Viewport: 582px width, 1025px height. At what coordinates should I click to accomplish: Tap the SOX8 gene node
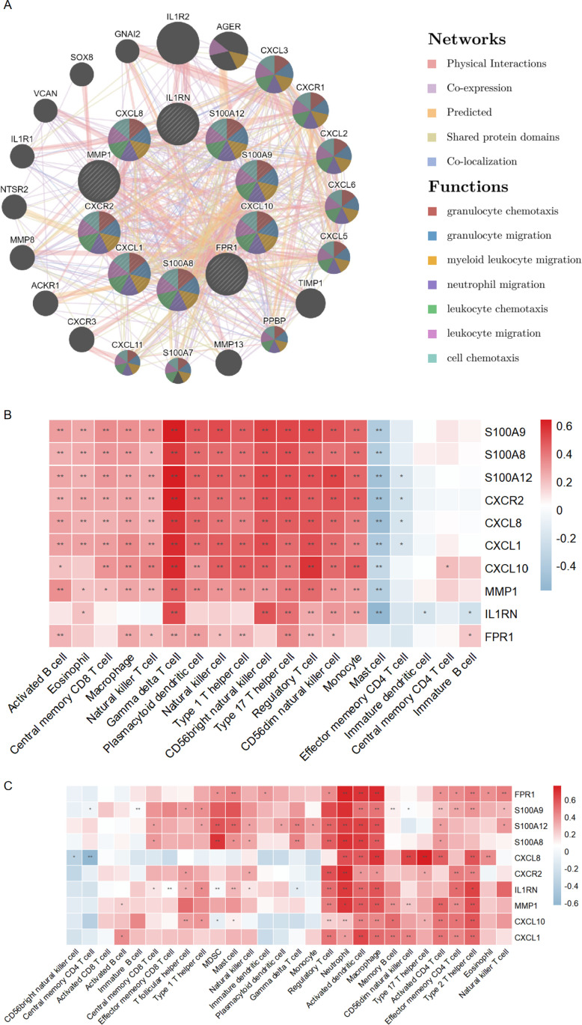(x=82, y=75)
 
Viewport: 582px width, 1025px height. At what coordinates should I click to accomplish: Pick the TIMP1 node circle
(x=310, y=303)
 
